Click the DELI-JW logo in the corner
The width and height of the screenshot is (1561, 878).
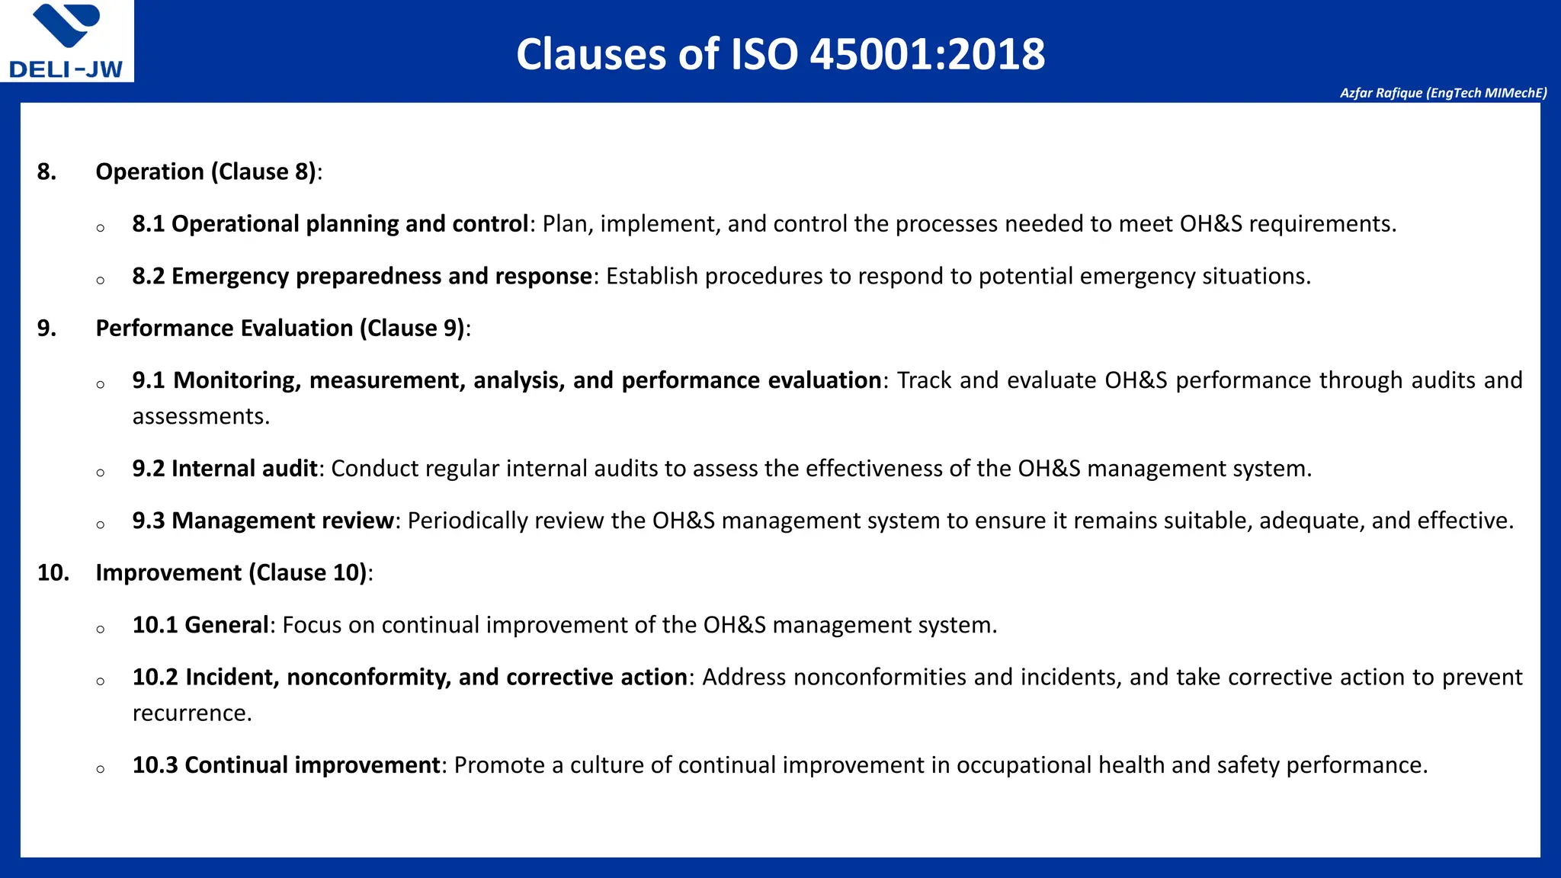66,41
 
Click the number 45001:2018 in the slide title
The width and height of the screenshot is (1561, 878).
927,55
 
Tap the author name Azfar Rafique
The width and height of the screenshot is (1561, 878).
1380,93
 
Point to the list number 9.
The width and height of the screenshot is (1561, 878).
46,328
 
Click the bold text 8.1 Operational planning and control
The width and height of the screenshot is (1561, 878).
330,224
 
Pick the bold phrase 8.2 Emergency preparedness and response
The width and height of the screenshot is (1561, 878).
362,276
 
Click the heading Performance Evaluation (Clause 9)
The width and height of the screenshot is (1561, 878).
280,328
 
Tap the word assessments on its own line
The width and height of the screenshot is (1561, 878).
200,416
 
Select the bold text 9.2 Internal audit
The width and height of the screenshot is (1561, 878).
225,468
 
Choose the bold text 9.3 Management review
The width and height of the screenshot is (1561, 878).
263,521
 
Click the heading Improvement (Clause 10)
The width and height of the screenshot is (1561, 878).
231,572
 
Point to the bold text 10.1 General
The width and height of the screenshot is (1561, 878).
200,625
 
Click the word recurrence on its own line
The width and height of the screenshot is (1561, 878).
191,713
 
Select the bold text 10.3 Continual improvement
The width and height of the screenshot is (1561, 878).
286,765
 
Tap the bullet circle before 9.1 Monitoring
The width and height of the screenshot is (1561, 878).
101,384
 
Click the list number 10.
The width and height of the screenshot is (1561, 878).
53,572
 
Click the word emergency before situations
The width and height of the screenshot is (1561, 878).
1137,276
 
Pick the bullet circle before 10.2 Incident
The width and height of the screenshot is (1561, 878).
101,681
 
